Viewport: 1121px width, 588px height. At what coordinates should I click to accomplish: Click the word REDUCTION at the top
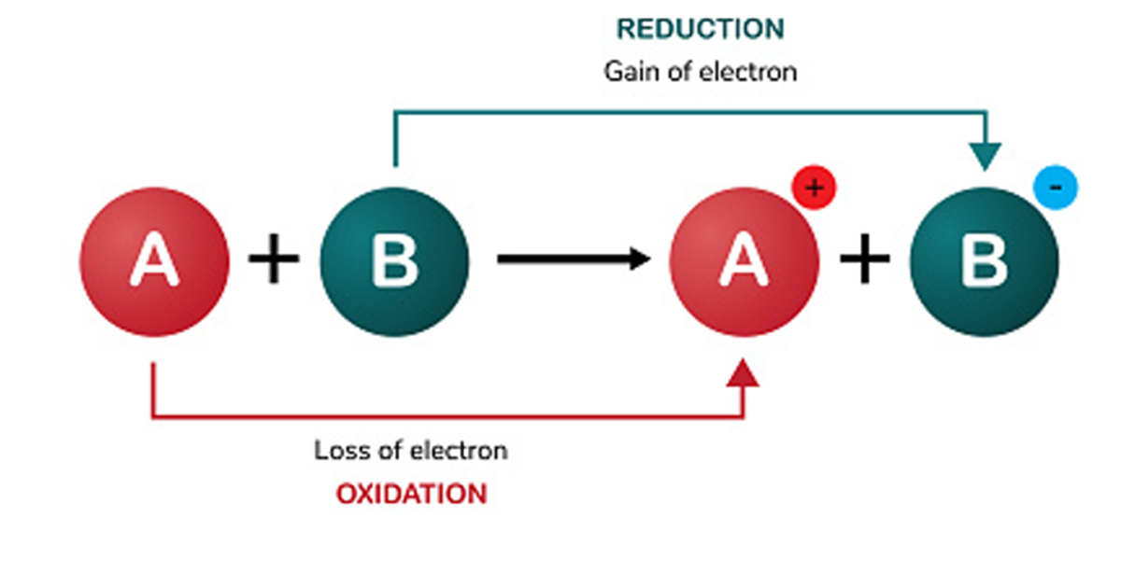tap(701, 29)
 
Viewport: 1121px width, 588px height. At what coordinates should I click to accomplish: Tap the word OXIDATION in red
tap(411, 494)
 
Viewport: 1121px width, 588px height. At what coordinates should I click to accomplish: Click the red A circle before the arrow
tap(155, 260)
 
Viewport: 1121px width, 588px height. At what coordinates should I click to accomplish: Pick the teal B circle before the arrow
tap(394, 260)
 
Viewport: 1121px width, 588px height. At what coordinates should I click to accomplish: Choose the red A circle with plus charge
tap(745, 260)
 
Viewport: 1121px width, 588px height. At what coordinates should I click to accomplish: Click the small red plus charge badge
tap(813, 189)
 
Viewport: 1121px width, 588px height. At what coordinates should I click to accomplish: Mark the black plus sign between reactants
tap(274, 259)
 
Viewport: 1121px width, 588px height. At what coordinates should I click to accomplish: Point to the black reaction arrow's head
tap(639, 259)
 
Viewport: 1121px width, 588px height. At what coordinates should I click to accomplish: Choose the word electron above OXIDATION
tap(461, 451)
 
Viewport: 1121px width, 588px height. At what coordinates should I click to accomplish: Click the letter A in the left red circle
tap(155, 260)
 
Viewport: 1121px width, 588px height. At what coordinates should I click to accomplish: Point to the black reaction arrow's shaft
tap(560, 259)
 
